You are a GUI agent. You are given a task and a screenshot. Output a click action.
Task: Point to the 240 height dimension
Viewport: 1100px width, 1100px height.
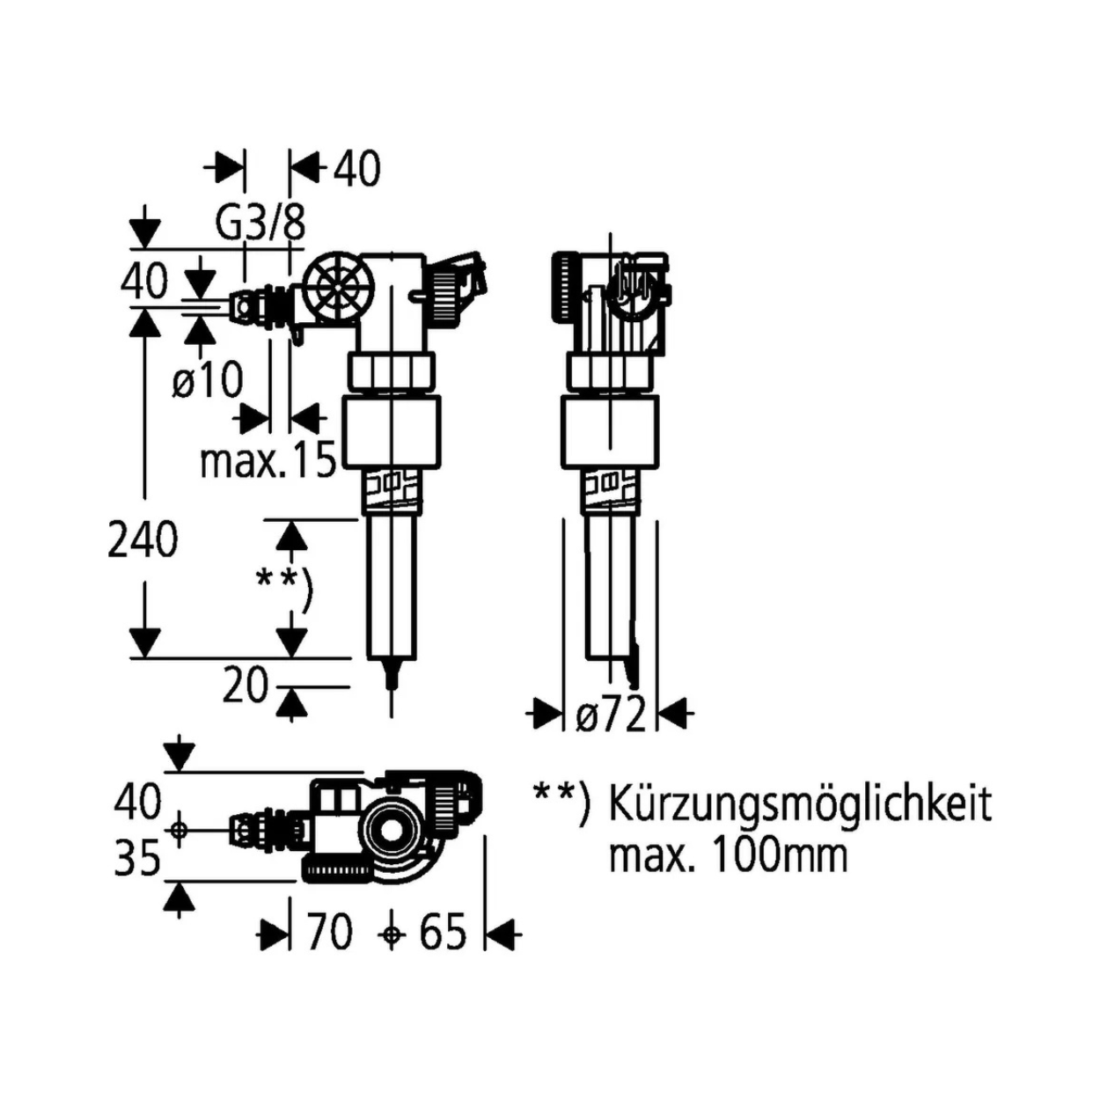point(143,539)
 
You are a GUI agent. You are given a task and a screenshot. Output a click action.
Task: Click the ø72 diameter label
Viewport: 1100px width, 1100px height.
point(611,713)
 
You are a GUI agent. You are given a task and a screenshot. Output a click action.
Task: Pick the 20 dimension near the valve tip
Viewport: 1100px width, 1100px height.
point(246,686)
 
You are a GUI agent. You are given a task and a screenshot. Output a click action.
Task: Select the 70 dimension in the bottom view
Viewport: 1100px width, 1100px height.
point(329,933)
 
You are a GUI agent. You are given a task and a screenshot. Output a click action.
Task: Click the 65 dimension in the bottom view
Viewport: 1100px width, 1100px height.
point(441,933)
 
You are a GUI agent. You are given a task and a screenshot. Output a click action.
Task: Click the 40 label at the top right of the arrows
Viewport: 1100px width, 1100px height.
point(356,170)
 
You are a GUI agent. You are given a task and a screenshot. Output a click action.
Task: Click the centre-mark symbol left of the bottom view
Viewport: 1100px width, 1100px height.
point(179,829)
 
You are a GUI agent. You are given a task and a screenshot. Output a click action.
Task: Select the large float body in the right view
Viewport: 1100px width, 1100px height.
point(610,431)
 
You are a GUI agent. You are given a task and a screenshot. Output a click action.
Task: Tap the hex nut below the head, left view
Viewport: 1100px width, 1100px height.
point(391,370)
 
